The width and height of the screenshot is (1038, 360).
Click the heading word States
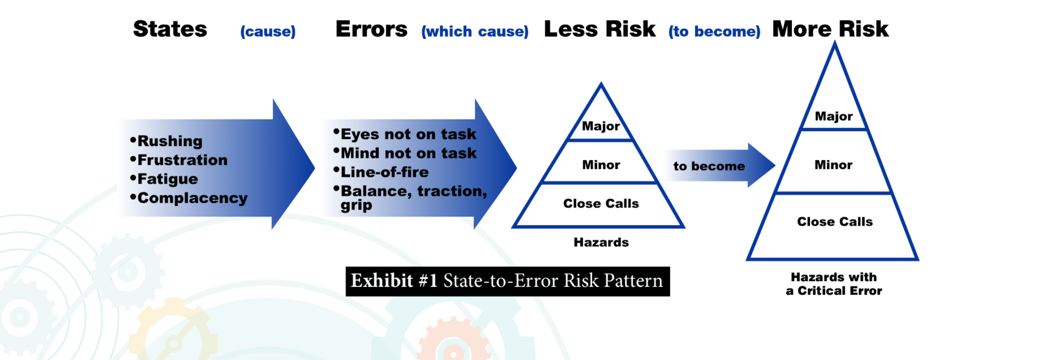[x=170, y=29]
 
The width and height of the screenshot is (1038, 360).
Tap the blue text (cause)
[x=268, y=32]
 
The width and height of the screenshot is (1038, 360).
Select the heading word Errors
[x=371, y=29]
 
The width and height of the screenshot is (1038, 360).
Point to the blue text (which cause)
[x=475, y=32]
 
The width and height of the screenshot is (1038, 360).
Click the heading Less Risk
[x=600, y=29]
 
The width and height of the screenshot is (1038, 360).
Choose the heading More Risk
[x=830, y=29]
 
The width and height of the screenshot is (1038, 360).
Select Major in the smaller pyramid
[x=601, y=126]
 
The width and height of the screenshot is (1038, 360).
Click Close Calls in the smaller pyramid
[x=601, y=203]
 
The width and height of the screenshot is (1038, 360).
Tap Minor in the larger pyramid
[x=833, y=165]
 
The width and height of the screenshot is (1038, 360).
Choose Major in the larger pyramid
[x=834, y=116]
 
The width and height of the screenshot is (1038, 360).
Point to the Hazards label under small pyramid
[x=601, y=242]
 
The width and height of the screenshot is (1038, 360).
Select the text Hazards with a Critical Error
[x=834, y=284]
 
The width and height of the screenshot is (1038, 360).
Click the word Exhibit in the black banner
[x=382, y=281]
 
